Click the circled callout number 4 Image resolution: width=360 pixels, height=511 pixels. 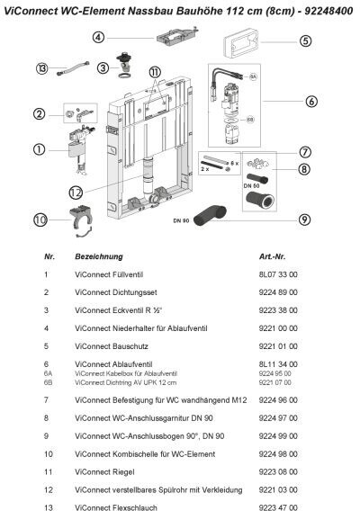tap(98, 37)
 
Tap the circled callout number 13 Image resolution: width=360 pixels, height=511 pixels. tap(41, 68)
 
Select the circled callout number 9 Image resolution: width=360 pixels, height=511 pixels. tap(304, 220)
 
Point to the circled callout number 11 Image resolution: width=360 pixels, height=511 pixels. tap(155, 72)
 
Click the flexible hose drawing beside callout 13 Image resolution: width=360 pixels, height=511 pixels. tap(73, 68)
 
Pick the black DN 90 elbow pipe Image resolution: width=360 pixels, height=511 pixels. tap(210, 215)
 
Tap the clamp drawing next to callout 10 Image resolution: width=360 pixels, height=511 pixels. tap(81, 221)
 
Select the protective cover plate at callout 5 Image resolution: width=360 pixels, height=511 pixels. tap(241, 42)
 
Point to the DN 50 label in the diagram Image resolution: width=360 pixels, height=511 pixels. tap(251, 185)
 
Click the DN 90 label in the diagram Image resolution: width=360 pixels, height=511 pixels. tap(181, 220)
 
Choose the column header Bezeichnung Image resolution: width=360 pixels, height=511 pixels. tap(99, 256)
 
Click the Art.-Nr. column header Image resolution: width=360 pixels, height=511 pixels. tap(273, 256)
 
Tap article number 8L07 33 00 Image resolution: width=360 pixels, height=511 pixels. tap(278, 274)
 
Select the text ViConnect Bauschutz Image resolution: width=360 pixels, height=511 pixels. tap(112, 346)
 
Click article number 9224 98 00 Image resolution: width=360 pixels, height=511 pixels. tap(278, 454)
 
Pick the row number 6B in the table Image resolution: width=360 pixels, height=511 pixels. tap(48, 382)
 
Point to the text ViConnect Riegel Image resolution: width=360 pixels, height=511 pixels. tap(104, 472)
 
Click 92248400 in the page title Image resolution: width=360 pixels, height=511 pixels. tap(328, 11)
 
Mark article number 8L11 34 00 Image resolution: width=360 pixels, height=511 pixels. tap(278, 364)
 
